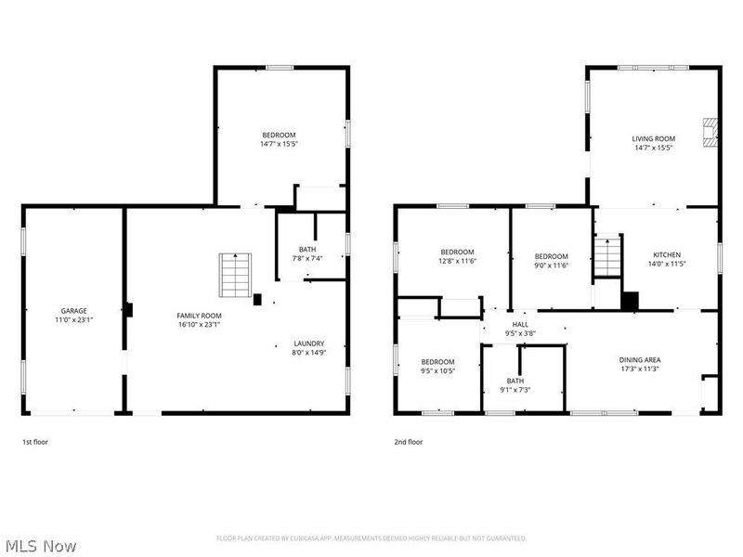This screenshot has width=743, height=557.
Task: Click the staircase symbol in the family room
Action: click(236, 274)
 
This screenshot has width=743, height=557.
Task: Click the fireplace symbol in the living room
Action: click(710, 132)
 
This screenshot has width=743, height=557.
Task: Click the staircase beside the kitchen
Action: click(606, 255)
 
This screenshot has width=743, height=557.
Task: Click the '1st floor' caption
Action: click(35, 442)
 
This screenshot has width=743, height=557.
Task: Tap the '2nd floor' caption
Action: click(408, 442)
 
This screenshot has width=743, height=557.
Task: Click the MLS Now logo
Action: click(41, 546)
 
